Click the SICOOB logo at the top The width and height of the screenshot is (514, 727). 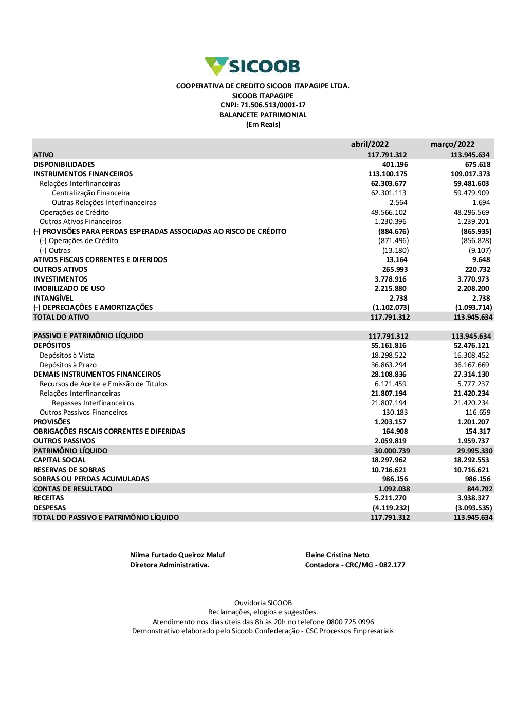252,66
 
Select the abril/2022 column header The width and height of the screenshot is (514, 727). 370,144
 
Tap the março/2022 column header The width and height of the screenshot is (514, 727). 452,144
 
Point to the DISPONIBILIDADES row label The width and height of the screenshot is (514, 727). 64,164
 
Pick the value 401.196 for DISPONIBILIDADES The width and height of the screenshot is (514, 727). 395,164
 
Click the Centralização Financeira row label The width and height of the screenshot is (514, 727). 90,193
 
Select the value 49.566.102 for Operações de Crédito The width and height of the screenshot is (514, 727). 389,212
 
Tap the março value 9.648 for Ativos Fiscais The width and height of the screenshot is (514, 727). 481,260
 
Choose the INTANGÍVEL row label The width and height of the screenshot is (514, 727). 53,298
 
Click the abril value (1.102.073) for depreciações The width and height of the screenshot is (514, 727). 391,307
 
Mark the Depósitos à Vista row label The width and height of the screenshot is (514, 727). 67,355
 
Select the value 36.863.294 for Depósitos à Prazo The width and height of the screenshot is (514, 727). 389,365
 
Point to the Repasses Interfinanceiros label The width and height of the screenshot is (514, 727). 93,403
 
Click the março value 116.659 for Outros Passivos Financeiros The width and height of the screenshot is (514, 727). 478,413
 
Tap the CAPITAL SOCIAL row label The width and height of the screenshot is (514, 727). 60,460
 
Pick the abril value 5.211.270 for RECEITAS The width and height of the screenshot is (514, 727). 390,498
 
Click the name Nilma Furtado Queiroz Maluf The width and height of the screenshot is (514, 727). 177,555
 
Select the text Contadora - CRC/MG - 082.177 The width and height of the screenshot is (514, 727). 355,565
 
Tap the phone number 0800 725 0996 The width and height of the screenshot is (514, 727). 350,622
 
